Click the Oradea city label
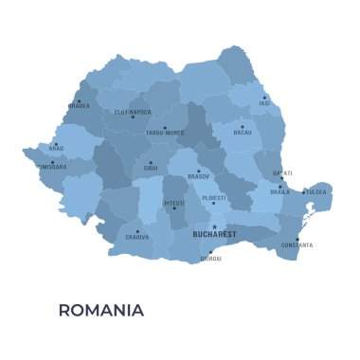(x=79, y=105)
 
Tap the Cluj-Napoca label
(x=133, y=112)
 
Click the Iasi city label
(x=264, y=104)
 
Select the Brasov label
(x=199, y=177)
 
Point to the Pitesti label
(x=173, y=203)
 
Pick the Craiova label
(x=136, y=237)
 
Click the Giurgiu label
(x=210, y=259)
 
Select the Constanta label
(x=297, y=245)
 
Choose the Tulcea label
(x=316, y=191)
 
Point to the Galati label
(x=282, y=173)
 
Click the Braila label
(x=279, y=191)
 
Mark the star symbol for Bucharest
(x=214, y=225)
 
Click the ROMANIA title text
(x=101, y=310)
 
